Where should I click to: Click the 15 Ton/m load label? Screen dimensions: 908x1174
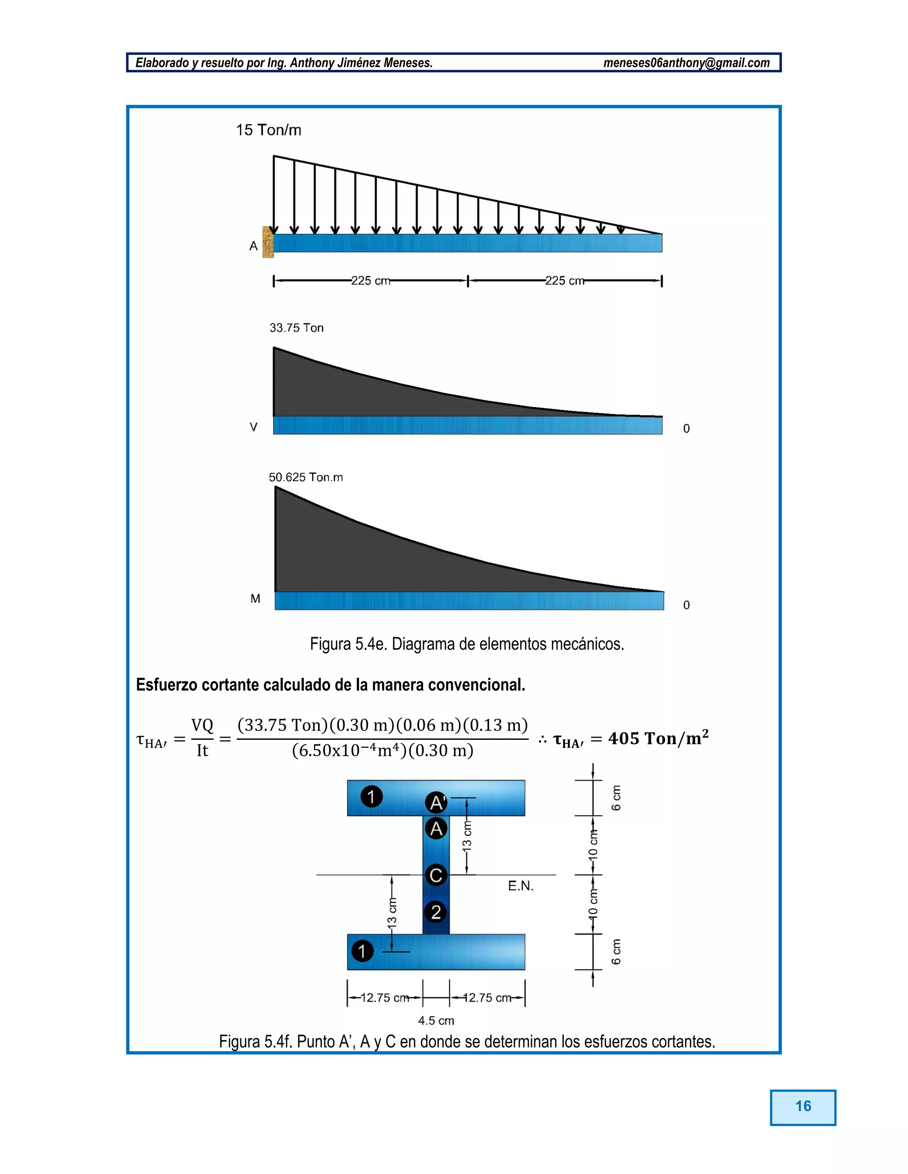[268, 130]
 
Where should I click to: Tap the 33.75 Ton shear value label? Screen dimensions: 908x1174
[297, 328]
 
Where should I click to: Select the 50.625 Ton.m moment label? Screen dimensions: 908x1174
[305, 477]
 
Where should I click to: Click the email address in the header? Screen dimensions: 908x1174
[686, 63]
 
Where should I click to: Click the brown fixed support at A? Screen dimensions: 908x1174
[268, 242]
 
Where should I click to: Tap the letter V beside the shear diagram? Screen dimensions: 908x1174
[253, 428]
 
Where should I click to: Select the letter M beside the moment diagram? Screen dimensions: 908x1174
[255, 599]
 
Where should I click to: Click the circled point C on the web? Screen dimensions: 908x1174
[436, 875]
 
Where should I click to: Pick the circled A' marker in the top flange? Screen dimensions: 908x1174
[436, 803]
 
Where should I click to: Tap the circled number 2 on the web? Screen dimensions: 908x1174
[436, 912]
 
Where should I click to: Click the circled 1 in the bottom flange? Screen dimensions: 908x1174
[363, 951]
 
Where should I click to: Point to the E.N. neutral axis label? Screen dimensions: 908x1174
[521, 886]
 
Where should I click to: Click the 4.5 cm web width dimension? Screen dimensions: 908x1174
[436, 1021]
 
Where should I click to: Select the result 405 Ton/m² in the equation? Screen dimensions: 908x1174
[658, 739]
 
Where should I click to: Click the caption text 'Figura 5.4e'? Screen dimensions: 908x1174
[348, 644]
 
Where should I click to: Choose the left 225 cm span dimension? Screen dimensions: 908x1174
[371, 280]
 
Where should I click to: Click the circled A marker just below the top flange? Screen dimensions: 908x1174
[436, 828]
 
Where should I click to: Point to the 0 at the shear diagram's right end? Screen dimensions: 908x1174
[686, 428]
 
